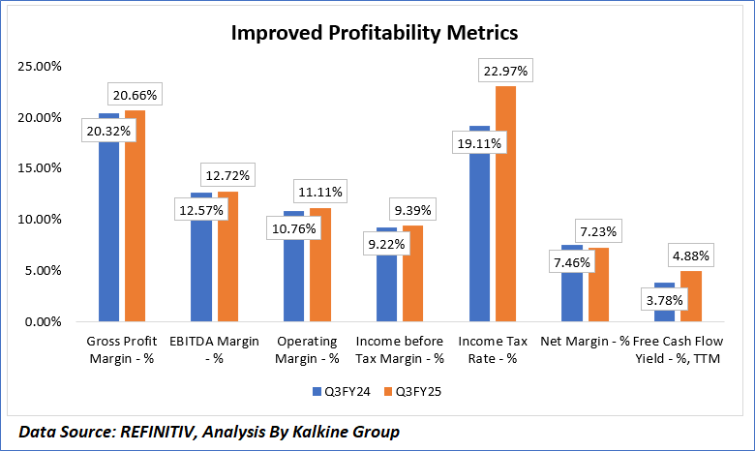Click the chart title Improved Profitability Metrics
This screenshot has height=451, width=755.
[375, 32]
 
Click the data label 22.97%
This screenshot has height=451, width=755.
[507, 71]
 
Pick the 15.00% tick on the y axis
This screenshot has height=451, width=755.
[37, 168]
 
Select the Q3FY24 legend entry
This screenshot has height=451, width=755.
[336, 392]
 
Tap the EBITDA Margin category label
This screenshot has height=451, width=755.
[213, 350]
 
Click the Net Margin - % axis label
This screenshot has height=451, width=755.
[586, 342]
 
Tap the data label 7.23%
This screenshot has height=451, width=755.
[600, 232]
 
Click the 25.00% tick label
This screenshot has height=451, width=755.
[37, 67]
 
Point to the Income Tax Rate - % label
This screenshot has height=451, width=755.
[492, 350]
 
